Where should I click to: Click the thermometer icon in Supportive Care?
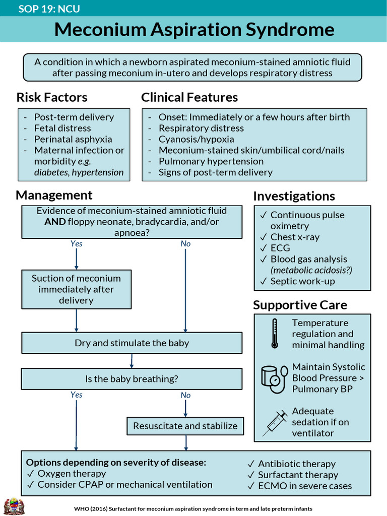[275, 334]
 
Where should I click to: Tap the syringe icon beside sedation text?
[275, 423]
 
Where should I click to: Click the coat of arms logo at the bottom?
[14, 506]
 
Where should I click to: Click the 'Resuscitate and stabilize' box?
[185, 426]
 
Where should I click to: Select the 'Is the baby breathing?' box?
[132, 379]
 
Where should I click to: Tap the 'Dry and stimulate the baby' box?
[132, 343]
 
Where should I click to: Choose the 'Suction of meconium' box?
[77, 289]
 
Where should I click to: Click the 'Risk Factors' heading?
[52, 97]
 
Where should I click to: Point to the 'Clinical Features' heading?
[189, 97]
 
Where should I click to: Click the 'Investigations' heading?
[294, 196]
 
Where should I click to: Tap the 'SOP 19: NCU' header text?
[49, 9]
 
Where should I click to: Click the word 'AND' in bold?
[55, 222]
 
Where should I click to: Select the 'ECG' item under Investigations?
[280, 248]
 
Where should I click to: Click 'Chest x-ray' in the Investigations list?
[295, 237]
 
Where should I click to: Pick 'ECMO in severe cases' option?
[305, 486]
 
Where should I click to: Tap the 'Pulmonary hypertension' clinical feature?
[211, 161]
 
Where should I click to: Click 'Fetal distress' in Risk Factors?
[62, 128]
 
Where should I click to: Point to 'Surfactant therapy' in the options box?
[298, 475]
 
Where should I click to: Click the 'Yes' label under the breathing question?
[77, 395]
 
